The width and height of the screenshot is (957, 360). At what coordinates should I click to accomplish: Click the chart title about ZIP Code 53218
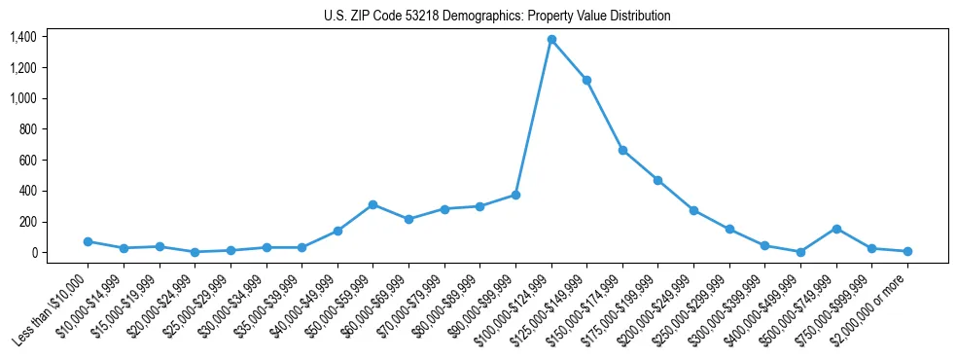point(497,17)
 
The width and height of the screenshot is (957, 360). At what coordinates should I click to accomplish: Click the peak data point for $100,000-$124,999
point(551,40)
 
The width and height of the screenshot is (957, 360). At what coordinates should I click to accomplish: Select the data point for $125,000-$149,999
point(586,80)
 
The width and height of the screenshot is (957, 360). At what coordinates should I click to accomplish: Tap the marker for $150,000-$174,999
point(622,150)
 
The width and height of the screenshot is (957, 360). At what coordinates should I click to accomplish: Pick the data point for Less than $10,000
point(88,241)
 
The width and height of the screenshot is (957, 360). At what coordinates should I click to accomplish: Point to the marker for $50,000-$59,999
point(372,204)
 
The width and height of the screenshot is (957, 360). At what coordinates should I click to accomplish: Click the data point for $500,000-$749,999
point(836,229)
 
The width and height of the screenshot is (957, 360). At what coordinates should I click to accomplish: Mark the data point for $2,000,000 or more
point(907,251)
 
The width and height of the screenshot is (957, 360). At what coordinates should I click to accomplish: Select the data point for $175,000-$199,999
point(658,180)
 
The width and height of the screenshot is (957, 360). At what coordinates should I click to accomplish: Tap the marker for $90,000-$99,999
point(515,195)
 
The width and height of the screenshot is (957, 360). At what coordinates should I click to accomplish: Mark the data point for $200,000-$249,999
point(693,210)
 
